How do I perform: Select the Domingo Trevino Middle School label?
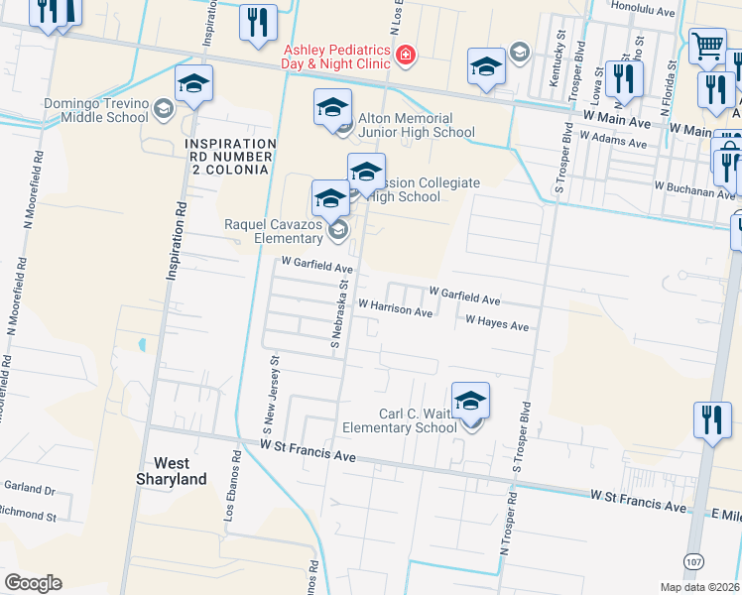[x=95, y=110]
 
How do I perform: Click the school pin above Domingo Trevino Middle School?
[x=194, y=84]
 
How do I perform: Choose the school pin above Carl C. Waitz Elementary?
[x=471, y=401]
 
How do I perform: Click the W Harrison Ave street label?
[x=395, y=310]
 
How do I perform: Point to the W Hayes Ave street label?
[x=496, y=322]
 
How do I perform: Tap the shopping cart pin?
[x=707, y=45]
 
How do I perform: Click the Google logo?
[x=33, y=582]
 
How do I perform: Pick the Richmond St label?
[x=29, y=516]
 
